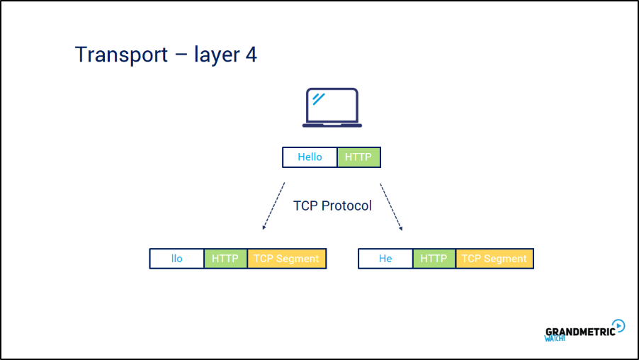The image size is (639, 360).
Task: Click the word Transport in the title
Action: pos(121,55)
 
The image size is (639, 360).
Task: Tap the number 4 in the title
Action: pos(251,55)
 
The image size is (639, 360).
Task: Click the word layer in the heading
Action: pos(217,55)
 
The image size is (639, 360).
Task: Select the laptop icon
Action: pos(332,108)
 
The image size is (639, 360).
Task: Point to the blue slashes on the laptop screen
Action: pos(319,99)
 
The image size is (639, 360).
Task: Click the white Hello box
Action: pos(310,157)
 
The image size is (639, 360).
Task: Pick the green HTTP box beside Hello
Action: pos(358,157)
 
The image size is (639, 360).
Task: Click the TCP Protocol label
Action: pos(332,206)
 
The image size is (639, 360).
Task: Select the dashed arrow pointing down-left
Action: pos(273,206)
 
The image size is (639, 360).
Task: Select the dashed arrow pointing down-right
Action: pos(391,207)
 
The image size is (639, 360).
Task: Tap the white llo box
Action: pos(177,259)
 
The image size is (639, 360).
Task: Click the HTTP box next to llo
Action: pos(225,259)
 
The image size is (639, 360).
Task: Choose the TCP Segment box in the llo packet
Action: pos(286,259)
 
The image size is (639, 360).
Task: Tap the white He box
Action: pos(385,259)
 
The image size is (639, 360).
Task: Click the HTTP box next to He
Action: pos(434,259)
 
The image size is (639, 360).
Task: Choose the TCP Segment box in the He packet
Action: pos(494,259)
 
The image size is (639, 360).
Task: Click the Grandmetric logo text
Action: pos(580,332)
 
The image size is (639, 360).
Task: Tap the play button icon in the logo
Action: pos(618,326)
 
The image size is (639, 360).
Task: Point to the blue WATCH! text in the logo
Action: pos(555,338)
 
